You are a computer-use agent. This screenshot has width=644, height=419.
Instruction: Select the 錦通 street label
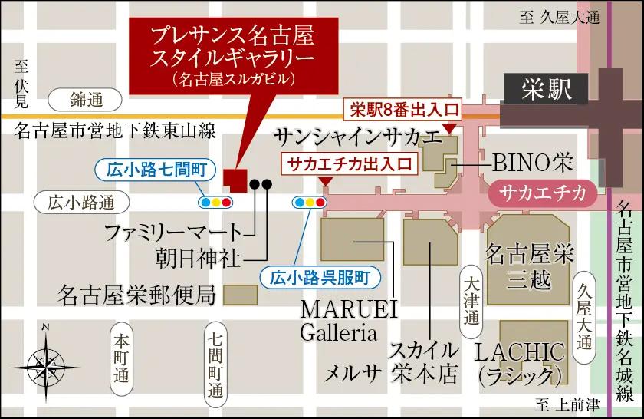click(x=85, y=99)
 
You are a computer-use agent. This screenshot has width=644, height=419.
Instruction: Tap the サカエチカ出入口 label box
click(x=349, y=163)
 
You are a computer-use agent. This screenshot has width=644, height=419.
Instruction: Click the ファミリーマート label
click(x=172, y=230)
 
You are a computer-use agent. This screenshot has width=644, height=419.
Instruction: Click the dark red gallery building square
click(x=235, y=180)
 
